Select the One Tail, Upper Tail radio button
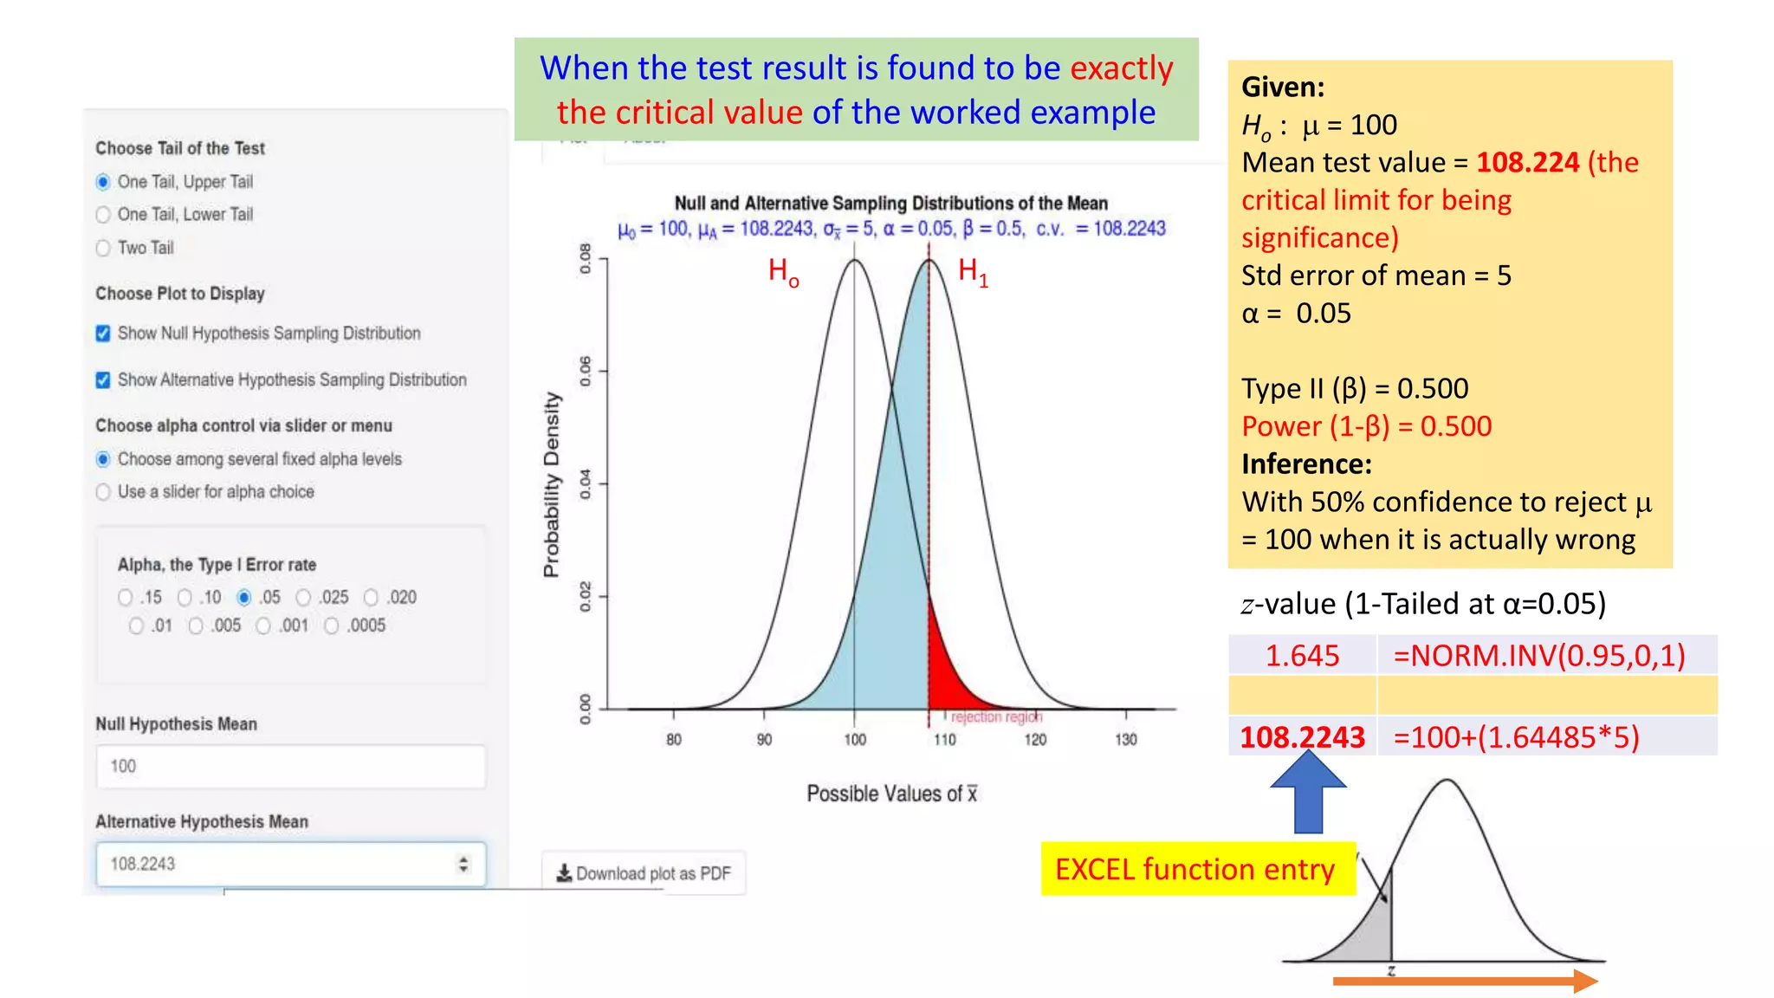(x=103, y=182)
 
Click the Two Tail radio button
(x=103, y=249)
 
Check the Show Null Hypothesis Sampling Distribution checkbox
(x=103, y=334)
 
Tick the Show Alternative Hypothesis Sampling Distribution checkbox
(x=103, y=380)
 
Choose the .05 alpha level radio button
(x=244, y=598)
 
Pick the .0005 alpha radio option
(x=332, y=625)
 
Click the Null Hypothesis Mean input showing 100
(x=290, y=767)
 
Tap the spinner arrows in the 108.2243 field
(x=463, y=864)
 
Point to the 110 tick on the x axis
(x=945, y=739)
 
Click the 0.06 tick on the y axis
(x=586, y=371)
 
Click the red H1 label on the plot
(x=972, y=271)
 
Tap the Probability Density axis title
(x=552, y=485)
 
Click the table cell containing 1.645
(x=1302, y=656)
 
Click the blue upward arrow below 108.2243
(x=1308, y=793)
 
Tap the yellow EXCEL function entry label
(x=1195, y=869)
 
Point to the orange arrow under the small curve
(x=1464, y=982)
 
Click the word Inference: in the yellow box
(x=1306, y=464)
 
